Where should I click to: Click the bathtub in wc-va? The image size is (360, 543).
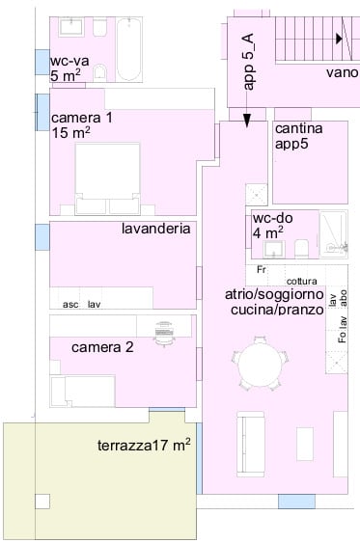[129, 46]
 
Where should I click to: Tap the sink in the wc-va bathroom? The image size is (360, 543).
[70, 26]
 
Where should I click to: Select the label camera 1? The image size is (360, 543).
[82, 118]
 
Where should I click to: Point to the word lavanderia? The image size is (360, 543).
[155, 230]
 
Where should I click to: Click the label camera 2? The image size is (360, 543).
[102, 347]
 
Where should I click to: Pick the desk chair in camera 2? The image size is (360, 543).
[164, 331]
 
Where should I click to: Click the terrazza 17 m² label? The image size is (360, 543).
[144, 445]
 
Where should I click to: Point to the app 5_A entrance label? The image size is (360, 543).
[249, 62]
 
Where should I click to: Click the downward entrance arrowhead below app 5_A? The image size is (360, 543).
[247, 121]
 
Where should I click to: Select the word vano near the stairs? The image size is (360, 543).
[342, 71]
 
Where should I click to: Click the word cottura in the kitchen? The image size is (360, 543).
[300, 281]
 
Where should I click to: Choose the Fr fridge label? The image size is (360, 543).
[262, 270]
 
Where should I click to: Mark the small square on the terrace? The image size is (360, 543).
[42, 501]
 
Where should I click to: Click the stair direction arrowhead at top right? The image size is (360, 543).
[339, 39]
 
